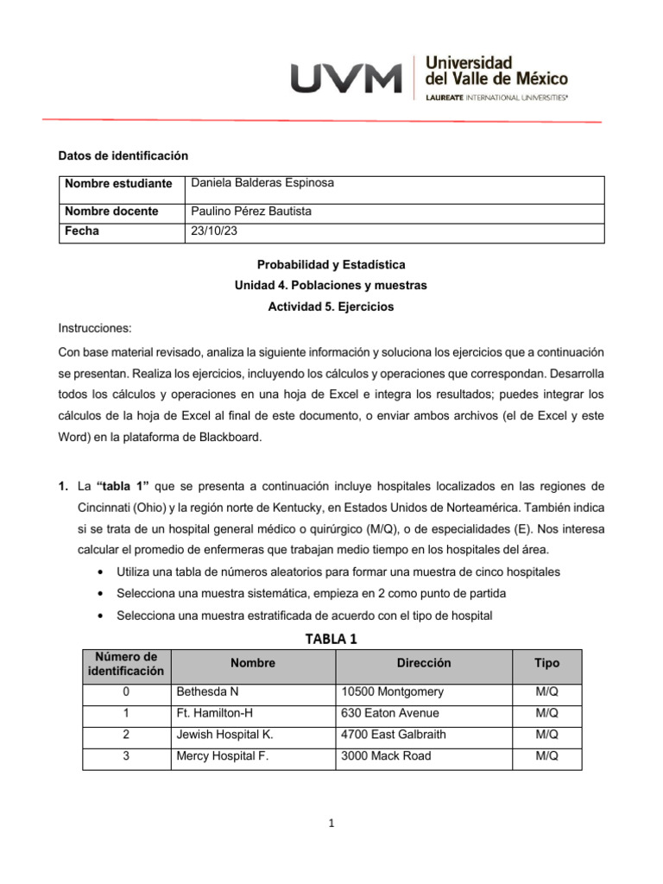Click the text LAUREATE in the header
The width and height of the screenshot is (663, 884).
click(445, 98)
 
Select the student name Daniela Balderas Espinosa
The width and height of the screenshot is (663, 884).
click(262, 183)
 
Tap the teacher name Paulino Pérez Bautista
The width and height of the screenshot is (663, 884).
click(251, 212)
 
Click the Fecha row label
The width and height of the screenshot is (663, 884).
click(82, 231)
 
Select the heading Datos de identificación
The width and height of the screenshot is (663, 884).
click(123, 155)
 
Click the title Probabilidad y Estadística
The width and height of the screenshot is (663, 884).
click(331, 264)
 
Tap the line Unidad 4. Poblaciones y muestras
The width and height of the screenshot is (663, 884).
click(331, 285)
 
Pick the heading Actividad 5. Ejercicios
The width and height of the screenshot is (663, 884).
click(331, 306)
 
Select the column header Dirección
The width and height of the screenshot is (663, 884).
click(424, 664)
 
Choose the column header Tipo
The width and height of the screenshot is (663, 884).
click(546, 664)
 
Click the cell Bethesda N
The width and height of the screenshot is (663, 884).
click(206, 692)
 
